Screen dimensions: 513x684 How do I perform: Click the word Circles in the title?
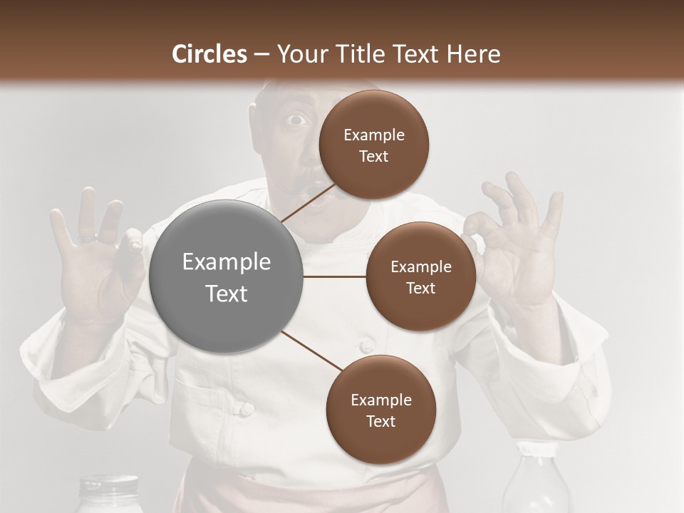point(209,54)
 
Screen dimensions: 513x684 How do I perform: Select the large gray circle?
point(226,276)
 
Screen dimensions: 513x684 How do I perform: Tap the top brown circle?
point(373,145)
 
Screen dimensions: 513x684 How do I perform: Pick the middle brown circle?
point(420,276)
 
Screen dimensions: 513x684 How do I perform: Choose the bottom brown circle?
point(380,410)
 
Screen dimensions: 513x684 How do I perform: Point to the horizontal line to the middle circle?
point(334,276)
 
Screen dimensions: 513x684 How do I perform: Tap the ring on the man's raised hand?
point(88,237)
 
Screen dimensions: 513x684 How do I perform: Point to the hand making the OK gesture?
point(513,242)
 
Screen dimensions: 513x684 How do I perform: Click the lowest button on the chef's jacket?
point(246,409)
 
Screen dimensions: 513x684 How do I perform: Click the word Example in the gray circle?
point(226,262)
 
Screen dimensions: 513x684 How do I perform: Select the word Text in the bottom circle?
point(380,421)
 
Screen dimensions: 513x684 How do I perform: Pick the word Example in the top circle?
point(373,135)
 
